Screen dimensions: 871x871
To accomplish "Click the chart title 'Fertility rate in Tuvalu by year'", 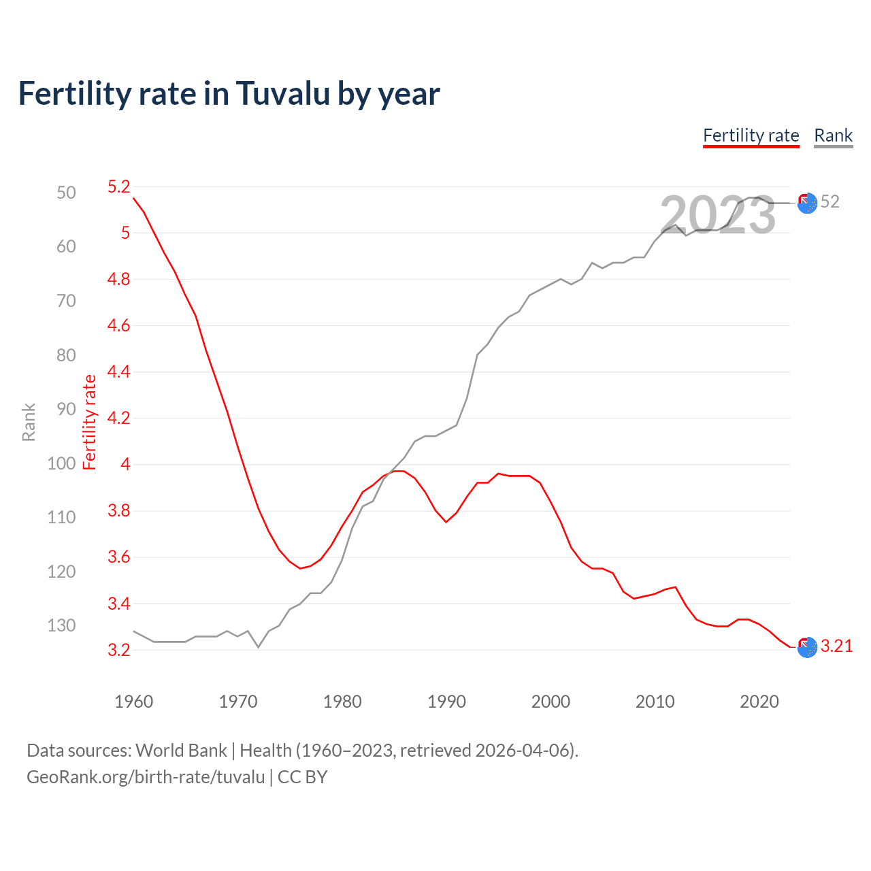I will (229, 94).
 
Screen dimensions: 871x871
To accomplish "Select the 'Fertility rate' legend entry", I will (751, 135).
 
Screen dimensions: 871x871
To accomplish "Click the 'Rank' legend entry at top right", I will (833, 135).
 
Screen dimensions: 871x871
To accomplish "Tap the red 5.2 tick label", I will (118, 186).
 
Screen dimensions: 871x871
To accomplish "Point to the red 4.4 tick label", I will (118, 372).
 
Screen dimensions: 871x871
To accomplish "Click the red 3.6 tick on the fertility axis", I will (118, 557).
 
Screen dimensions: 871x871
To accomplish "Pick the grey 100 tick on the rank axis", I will (61, 463).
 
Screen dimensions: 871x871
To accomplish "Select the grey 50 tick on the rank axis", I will (66, 193).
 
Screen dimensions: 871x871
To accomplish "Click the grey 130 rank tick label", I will (61, 625).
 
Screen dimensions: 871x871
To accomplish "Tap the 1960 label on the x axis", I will (133, 702).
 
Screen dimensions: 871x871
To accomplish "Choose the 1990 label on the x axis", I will (446, 702).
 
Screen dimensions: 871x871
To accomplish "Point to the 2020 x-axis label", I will (759, 702).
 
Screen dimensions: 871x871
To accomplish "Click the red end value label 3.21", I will (836, 646).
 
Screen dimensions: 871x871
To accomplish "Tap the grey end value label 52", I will (829, 201).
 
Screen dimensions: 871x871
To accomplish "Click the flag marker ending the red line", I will (807, 647).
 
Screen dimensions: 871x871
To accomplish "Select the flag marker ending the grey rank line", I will (807, 203).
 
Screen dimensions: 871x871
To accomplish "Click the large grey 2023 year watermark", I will (717, 215).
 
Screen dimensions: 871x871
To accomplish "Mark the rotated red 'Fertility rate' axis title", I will (90, 422).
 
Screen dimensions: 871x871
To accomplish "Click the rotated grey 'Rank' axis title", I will (29, 422).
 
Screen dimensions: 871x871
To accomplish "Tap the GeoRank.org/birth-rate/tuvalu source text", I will (146, 777).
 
